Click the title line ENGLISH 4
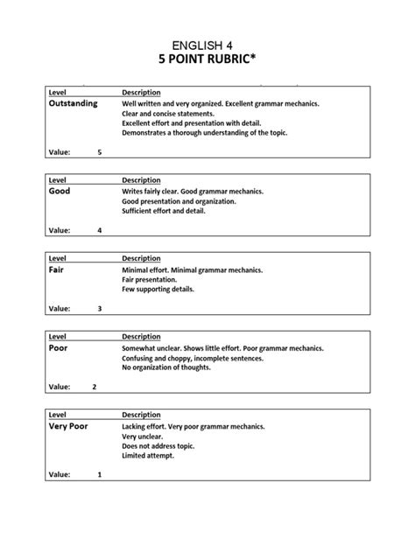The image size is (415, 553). click(x=207, y=44)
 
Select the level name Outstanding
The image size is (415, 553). click(x=73, y=104)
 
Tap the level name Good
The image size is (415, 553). click(x=60, y=190)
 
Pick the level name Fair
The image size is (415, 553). click(x=57, y=269)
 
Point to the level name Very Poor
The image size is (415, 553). click(x=68, y=426)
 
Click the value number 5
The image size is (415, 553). click(x=100, y=152)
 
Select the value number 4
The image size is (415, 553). click(x=100, y=231)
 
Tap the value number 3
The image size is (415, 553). click(x=100, y=309)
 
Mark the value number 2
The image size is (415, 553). click(x=95, y=387)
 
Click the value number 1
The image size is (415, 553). click(x=100, y=475)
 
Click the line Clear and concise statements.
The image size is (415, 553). click(x=168, y=114)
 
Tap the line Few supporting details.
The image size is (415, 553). click(x=158, y=290)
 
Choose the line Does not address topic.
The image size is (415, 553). click(x=158, y=445)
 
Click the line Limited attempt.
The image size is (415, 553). click(x=148, y=456)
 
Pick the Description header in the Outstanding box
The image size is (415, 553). click(x=141, y=92)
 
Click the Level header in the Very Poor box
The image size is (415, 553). click(x=58, y=415)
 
